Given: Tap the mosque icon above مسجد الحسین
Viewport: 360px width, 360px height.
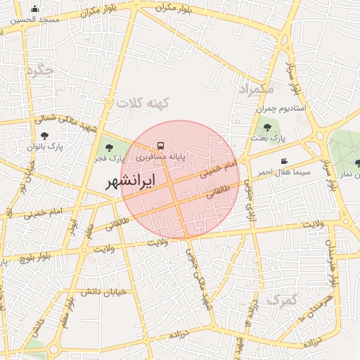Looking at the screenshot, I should pos(34,9).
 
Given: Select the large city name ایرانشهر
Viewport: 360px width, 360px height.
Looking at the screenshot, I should pos(131,182).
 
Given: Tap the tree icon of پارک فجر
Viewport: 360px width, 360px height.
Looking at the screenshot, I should pos(108,148).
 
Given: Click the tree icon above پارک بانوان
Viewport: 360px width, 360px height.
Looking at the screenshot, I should pos(45,136).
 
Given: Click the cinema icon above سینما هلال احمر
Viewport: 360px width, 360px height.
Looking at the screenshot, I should pos(284,161).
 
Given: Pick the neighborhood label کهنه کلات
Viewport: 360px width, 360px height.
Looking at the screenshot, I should pos(144,103).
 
